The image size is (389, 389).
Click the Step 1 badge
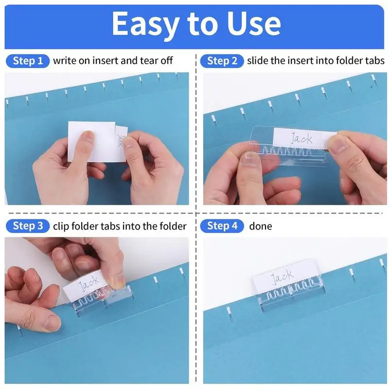[28, 61]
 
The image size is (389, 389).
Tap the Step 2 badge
[222, 61]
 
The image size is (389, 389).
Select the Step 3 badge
[28, 226]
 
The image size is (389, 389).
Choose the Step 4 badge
[222, 226]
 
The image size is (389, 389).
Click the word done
[261, 226]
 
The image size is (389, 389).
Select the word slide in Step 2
[258, 61]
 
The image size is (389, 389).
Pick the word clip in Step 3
[61, 226]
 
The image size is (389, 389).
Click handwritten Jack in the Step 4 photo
[282, 279]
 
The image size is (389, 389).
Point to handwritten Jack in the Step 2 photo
[301, 138]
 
